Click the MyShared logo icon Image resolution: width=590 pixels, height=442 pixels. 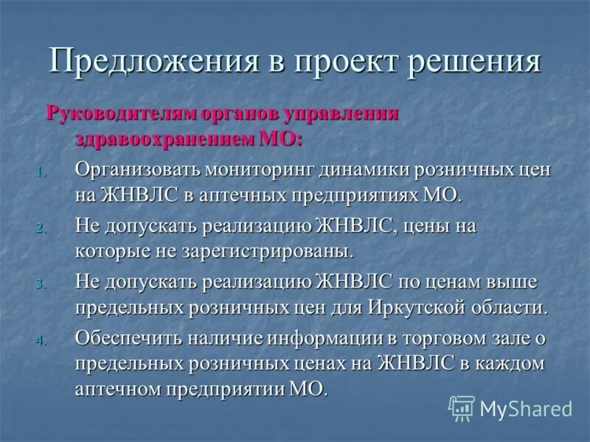(x=462, y=407)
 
